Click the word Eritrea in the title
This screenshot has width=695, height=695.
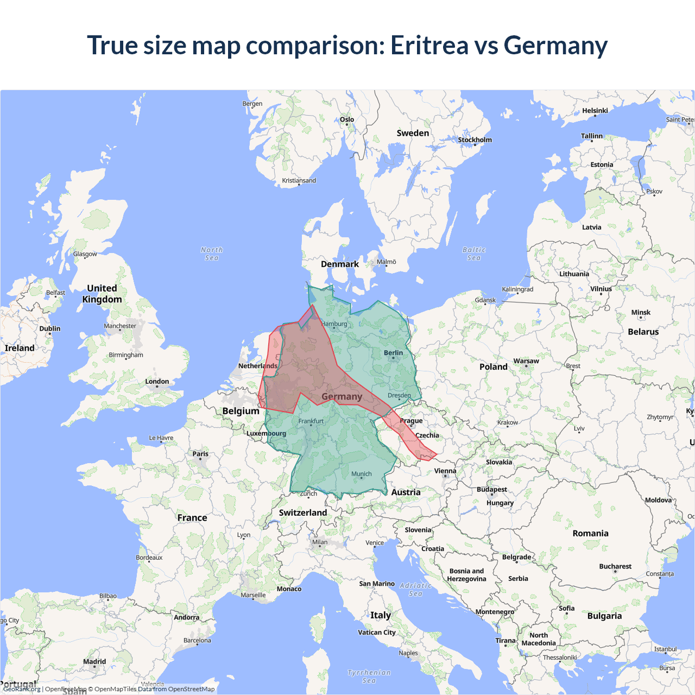click(429, 45)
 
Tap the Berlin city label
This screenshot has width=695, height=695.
click(393, 353)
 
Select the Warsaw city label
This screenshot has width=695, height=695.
click(526, 361)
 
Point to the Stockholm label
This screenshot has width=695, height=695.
click(475, 140)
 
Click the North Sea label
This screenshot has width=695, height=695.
click(212, 254)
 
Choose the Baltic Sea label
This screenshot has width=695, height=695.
click(474, 254)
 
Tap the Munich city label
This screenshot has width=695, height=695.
click(362, 474)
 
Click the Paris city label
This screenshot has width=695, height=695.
click(200, 454)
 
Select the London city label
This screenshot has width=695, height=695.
click(157, 382)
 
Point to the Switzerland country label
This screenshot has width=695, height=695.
click(303, 513)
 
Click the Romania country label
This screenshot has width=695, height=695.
click(590, 533)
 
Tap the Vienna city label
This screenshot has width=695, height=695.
click(445, 471)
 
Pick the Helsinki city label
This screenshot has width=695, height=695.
click(595, 111)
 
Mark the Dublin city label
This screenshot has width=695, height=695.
click(50, 328)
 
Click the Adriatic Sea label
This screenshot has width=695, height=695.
click(415, 589)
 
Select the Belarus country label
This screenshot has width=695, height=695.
click(643, 332)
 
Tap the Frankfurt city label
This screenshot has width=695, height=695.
click(311, 421)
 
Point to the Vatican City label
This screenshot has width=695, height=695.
click(377, 633)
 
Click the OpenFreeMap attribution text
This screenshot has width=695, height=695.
click(66, 689)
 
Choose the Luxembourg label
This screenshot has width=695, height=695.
click(266, 433)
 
